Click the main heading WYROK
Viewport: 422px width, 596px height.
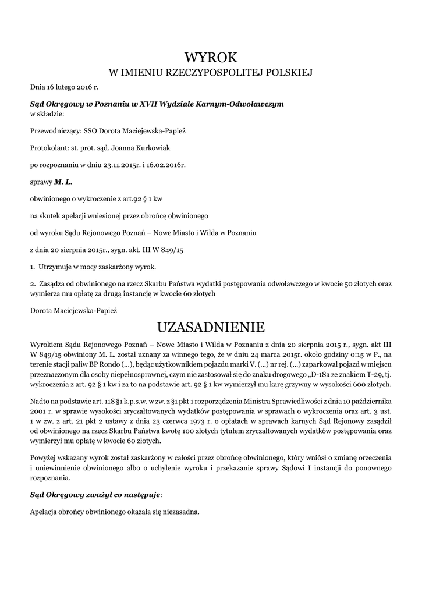pyautogui.click(x=211, y=57)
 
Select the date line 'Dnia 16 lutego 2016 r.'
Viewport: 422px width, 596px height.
pyautogui.click(x=65, y=87)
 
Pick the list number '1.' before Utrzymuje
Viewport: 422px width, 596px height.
pyautogui.click(x=33, y=267)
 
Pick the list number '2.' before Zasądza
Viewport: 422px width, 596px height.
pyautogui.click(x=33, y=283)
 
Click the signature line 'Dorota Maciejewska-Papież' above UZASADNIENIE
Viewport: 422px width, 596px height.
pyautogui.click(x=73, y=310)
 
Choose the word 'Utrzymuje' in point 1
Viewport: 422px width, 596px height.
pyautogui.click(x=56, y=267)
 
